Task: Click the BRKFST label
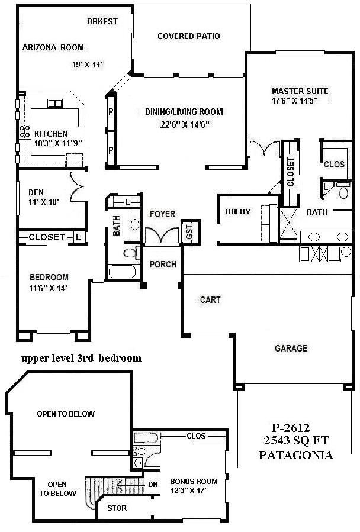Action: pos(102,21)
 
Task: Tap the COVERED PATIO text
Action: pos(188,37)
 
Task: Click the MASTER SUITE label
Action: pos(300,91)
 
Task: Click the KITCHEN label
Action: pos(50,134)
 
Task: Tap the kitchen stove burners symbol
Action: pos(25,131)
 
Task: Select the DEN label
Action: pos(36,192)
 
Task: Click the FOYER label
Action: pos(162,214)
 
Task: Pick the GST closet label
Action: pos(189,231)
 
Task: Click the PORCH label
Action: pos(162,264)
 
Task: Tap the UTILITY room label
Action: pos(237,212)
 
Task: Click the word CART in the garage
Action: pos(210,300)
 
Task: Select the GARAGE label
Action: pos(291,349)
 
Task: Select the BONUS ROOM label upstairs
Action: pos(194,481)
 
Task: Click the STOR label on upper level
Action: pos(116,508)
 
